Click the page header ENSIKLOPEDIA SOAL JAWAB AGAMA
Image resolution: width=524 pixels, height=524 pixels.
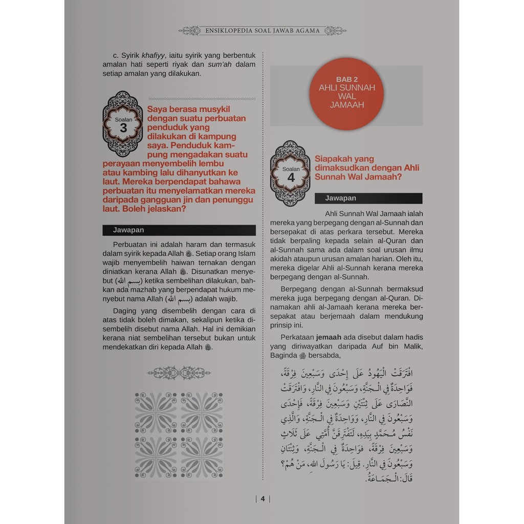click(262, 31)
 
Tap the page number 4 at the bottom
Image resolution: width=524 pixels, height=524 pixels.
click(262, 499)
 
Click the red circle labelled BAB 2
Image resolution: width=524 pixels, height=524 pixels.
click(346, 94)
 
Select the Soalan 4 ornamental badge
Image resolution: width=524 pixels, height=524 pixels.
click(290, 173)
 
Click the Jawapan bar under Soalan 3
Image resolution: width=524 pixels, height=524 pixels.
click(179, 230)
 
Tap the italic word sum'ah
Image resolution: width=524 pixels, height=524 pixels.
click(220, 64)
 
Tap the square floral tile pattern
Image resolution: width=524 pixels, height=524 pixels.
click(179, 435)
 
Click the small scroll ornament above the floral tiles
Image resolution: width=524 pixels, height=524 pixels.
click(179, 373)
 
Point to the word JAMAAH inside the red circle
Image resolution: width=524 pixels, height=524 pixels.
click(347, 105)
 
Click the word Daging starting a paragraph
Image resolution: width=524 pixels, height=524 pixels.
click(125, 310)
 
